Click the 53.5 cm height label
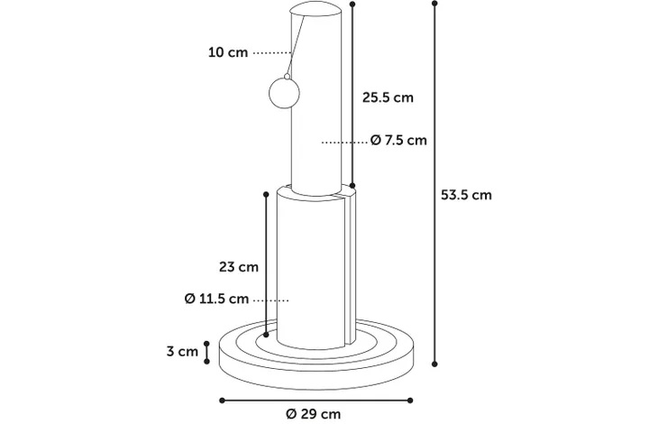click(x=466, y=195)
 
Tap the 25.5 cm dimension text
click(x=388, y=97)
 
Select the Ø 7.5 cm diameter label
click(x=398, y=140)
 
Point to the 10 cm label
click(x=228, y=52)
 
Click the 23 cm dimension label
click(x=239, y=267)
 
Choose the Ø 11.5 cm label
click(x=216, y=299)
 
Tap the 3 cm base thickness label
click(x=182, y=351)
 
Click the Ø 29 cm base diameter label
click(x=314, y=414)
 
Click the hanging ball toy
click(x=284, y=93)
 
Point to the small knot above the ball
click(x=287, y=77)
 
